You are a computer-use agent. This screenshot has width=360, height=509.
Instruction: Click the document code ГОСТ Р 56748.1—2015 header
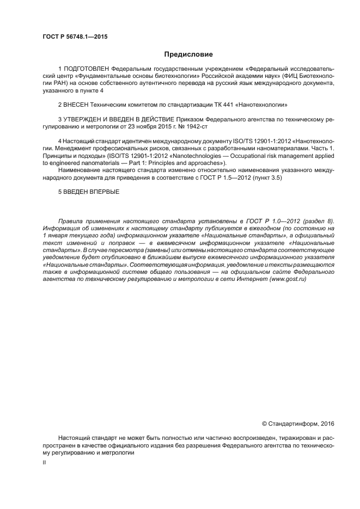pos(75,37)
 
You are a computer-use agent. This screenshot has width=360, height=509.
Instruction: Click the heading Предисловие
pos(188,54)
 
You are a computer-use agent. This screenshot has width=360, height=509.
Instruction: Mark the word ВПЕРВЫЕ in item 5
pos(104,192)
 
